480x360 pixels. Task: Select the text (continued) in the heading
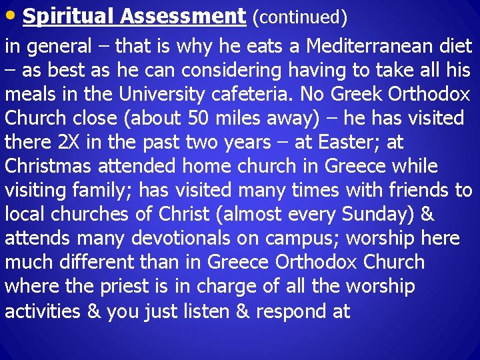pyautogui.click(x=299, y=18)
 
